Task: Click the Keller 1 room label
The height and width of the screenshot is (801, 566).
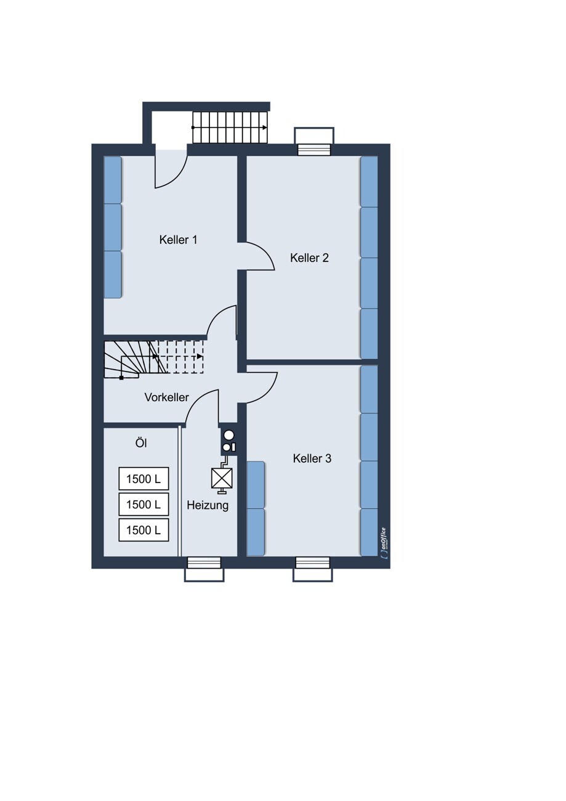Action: click(178, 240)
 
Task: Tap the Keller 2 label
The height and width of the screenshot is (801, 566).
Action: click(309, 258)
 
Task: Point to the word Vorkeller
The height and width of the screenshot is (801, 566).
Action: click(166, 397)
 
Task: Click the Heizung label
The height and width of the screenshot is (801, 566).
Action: click(208, 506)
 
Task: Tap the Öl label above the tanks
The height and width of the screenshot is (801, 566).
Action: click(141, 443)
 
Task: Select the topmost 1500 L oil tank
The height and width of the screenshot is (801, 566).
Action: click(144, 479)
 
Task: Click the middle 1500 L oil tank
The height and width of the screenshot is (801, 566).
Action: click(144, 504)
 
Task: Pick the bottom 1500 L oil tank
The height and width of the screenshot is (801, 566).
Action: click(144, 530)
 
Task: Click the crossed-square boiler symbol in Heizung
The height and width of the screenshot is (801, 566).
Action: click(222, 478)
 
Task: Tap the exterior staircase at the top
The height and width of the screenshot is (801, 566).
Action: click(230, 128)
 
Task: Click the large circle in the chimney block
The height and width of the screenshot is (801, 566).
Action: click(228, 435)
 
